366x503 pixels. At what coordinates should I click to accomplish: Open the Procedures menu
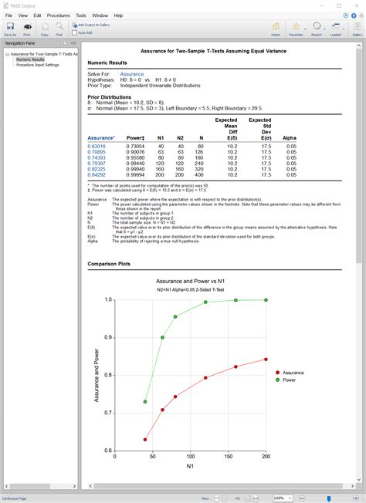pos(58,15)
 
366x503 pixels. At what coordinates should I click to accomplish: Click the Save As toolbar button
pos(10,29)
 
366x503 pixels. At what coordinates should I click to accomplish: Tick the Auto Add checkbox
pos(76,32)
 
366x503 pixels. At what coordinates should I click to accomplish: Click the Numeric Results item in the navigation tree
pos(30,59)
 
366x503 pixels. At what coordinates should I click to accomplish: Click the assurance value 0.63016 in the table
pos(97,146)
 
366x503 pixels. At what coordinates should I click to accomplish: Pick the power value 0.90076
pos(135,152)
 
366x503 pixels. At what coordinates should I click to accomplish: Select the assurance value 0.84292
pos(97,174)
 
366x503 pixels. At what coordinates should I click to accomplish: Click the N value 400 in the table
pos(201,174)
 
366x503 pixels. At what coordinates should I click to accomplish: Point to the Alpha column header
pos(290,137)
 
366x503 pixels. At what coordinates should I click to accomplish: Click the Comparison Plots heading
pos(109,262)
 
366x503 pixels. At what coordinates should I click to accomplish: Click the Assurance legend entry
pos(293,373)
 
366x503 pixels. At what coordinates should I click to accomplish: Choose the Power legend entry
pos(290,380)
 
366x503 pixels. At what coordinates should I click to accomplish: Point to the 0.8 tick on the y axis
pos(109,375)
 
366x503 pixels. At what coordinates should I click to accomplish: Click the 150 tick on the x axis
pos(229,456)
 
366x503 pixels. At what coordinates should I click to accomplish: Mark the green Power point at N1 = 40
pos(145,401)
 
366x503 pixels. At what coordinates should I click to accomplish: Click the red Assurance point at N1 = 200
pos(266,359)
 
